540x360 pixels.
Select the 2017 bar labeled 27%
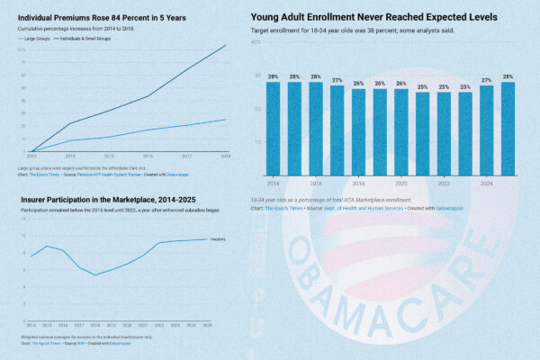pos(337,130)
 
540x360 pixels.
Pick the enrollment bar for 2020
pos(400,131)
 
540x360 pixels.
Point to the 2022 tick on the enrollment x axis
pos(444,182)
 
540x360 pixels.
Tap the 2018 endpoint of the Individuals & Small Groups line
pos(226,45)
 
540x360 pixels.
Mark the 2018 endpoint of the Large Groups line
pos(226,119)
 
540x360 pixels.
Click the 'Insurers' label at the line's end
pos(216,239)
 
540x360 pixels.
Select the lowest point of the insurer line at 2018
pos(95,274)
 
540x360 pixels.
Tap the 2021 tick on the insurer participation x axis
pos(143,324)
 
